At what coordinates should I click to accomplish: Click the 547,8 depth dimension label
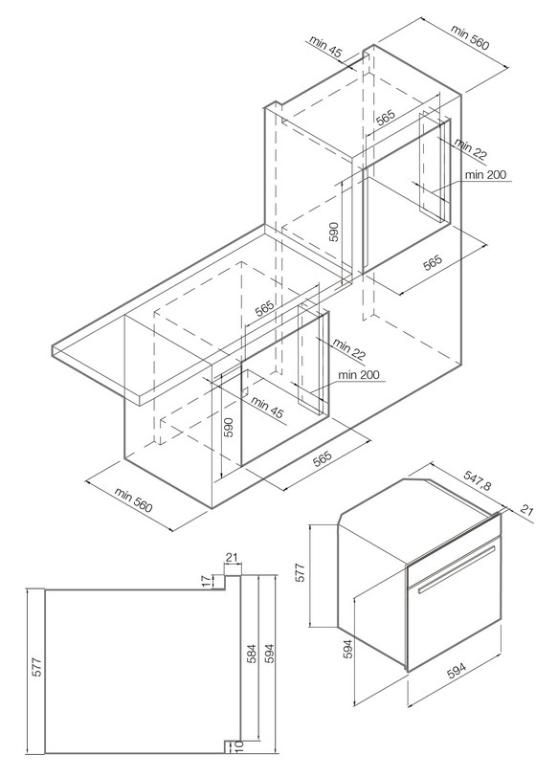click(x=478, y=480)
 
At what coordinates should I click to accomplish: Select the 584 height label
click(x=252, y=654)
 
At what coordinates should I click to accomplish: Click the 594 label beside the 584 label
click(x=270, y=654)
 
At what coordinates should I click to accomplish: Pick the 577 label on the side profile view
click(x=37, y=667)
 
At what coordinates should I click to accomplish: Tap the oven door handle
click(x=457, y=569)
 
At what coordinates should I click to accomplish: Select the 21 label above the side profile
click(x=232, y=558)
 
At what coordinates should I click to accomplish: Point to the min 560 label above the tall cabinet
click(x=470, y=37)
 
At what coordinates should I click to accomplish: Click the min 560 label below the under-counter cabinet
click(x=133, y=499)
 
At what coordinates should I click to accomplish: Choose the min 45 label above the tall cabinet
click(x=326, y=47)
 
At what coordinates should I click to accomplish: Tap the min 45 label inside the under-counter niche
click(x=268, y=408)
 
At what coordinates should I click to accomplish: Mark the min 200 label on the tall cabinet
click(x=485, y=174)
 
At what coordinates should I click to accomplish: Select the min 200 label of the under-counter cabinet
click(x=359, y=375)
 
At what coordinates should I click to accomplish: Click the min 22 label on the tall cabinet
click(x=470, y=149)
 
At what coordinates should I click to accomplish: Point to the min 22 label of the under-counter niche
click(x=349, y=349)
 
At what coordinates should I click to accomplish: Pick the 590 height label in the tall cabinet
click(x=333, y=232)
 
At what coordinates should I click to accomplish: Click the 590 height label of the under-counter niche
click(x=228, y=427)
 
